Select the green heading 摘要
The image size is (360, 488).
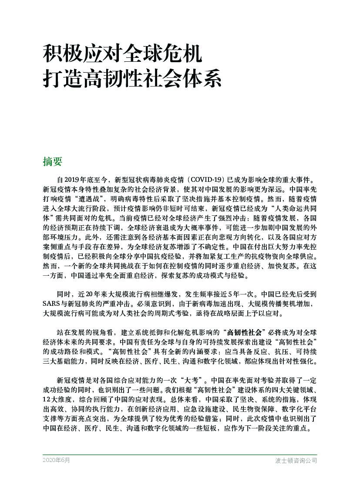pyautogui.click(x=53, y=162)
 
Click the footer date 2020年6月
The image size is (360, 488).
pyautogui.click(x=56, y=460)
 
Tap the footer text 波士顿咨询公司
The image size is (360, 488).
pyautogui.click(x=296, y=460)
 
